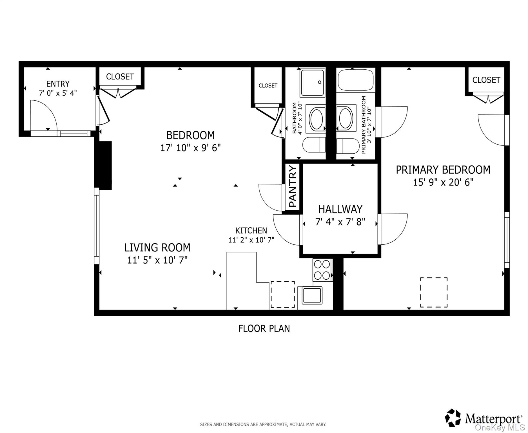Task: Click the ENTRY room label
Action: click(x=58, y=84)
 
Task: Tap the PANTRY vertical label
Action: click(x=293, y=186)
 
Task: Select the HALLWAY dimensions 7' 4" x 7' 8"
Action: click(x=340, y=222)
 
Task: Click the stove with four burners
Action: click(x=322, y=270)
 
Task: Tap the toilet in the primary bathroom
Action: click(x=348, y=146)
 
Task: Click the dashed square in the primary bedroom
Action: click(x=434, y=292)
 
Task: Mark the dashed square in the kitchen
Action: click(x=282, y=294)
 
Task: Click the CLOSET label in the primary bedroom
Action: click(x=486, y=80)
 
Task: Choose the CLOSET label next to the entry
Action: click(x=120, y=77)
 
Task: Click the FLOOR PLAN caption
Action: click(x=264, y=328)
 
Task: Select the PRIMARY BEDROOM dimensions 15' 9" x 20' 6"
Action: click(x=443, y=182)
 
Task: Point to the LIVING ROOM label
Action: click(x=157, y=248)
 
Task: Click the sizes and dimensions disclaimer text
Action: click(x=263, y=424)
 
